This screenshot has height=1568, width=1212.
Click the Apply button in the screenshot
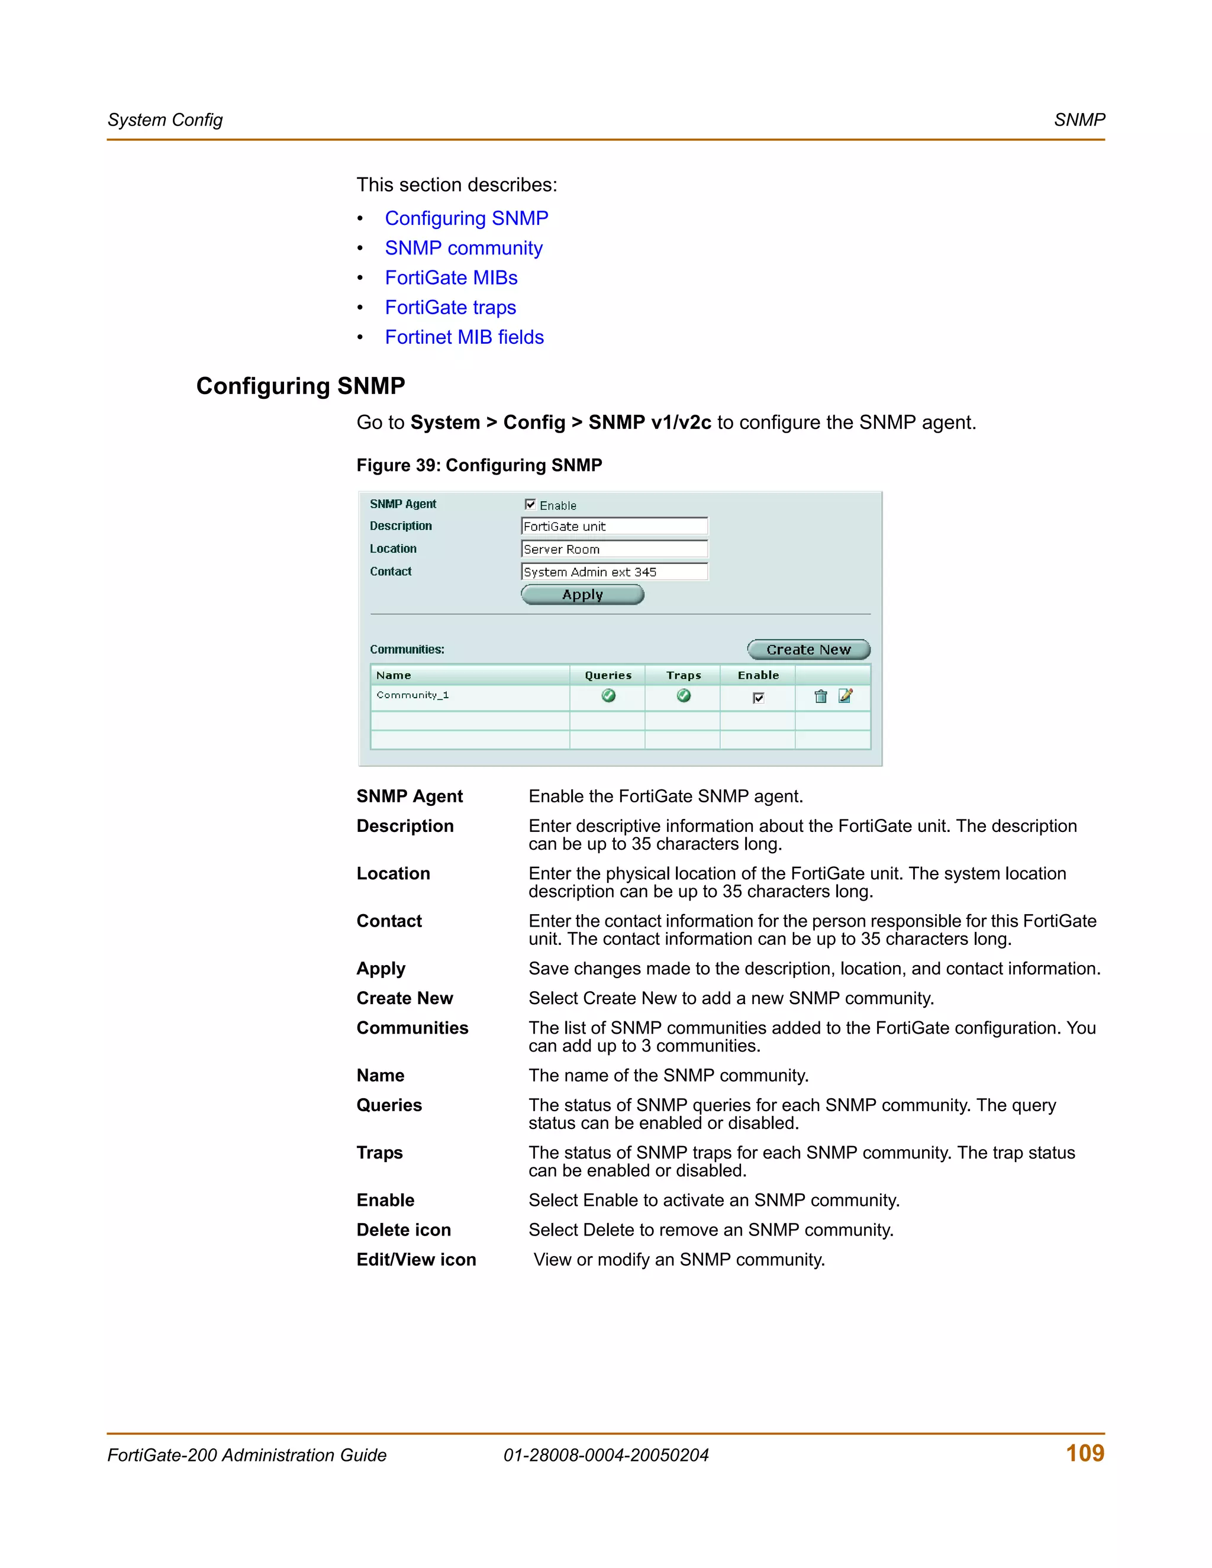click(x=582, y=595)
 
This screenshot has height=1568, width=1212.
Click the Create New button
click(x=808, y=650)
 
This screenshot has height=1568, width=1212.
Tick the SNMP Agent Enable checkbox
click(x=530, y=505)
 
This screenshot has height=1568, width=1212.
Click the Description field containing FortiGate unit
click(x=614, y=526)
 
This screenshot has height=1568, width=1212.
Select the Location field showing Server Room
click(x=614, y=549)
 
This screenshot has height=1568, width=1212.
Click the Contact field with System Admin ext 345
click(x=614, y=572)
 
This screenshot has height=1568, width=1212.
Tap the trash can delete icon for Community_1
click(x=820, y=696)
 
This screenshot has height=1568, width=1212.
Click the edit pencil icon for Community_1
click(x=845, y=696)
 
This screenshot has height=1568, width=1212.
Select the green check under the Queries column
click(x=608, y=696)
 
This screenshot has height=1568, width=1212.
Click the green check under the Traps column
click(x=684, y=696)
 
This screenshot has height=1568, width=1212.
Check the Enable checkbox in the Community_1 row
click(x=758, y=698)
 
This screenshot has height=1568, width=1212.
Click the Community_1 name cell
click(x=413, y=695)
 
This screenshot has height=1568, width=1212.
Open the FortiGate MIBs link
click(x=451, y=278)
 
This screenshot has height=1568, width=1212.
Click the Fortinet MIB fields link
click(x=464, y=337)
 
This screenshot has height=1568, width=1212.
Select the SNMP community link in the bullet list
click(x=463, y=249)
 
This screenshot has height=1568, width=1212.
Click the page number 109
click(x=1084, y=1453)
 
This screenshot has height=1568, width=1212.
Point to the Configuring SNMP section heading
click(x=300, y=386)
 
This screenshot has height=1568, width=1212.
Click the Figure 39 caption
click(x=479, y=465)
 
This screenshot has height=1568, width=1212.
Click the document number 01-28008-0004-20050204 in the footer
click(x=605, y=1456)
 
